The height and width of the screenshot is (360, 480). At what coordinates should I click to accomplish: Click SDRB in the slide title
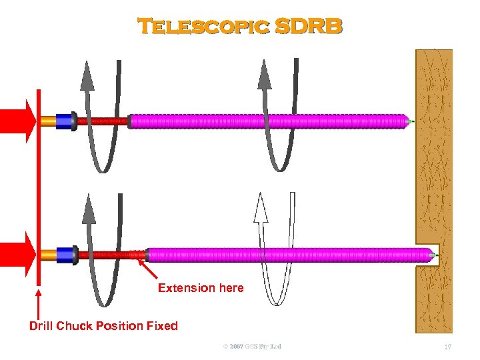308,26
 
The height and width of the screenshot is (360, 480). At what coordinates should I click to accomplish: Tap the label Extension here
201,288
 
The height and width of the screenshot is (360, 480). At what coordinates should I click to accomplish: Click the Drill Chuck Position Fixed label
103,326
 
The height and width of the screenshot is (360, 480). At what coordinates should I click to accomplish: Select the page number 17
449,347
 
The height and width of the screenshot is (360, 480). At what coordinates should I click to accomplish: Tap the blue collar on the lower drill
65,254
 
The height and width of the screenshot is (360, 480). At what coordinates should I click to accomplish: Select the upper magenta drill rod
267,121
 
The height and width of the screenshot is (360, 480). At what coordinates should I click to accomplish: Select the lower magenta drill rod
287,254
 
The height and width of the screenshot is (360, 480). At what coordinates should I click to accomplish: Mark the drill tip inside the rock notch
432,255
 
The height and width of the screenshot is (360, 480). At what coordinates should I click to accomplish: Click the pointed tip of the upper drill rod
407,121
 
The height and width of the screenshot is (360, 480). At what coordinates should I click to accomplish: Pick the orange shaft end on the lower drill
48,254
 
